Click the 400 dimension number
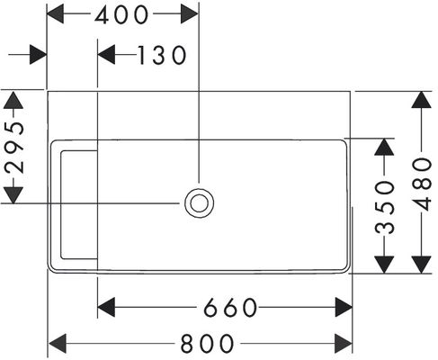[121, 15]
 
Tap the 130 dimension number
[162, 55]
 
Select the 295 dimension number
[14, 148]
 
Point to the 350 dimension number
[385, 207]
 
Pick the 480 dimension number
[422, 184]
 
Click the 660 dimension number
[230, 308]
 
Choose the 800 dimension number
[207, 344]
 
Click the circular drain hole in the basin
[199, 202]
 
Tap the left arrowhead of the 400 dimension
[56, 14]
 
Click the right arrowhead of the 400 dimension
[190, 14]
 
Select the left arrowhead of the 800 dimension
[57, 343]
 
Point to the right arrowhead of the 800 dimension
[344, 343]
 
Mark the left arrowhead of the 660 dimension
[106, 307]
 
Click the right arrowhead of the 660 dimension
[344, 307]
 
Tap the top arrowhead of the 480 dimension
[422, 100]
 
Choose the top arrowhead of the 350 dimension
[384, 147]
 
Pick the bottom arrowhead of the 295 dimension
[13, 195]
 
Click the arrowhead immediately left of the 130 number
[106, 55]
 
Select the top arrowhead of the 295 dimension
[13, 100]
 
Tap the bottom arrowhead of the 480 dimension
[422, 265]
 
